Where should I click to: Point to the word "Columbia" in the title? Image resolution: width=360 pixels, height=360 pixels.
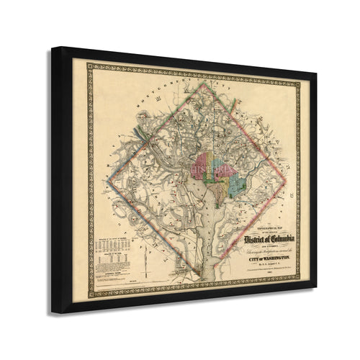[280, 238]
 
